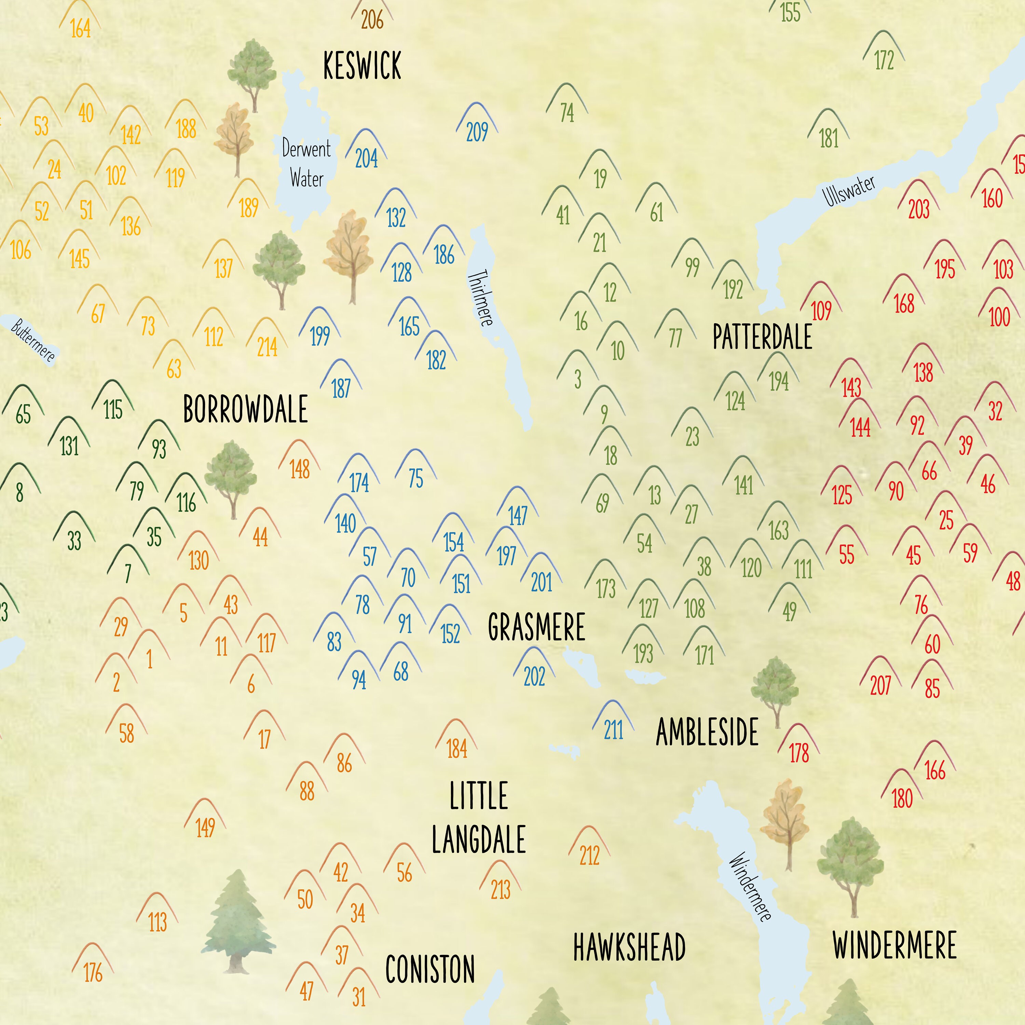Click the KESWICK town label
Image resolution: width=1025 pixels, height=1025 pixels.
point(363,66)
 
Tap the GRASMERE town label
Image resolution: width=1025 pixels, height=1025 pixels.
point(536,627)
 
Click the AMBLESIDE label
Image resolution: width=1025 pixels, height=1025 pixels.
point(707,732)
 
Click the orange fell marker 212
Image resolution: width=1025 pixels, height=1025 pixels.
point(589,848)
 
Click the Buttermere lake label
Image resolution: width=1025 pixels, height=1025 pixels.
point(33,340)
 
